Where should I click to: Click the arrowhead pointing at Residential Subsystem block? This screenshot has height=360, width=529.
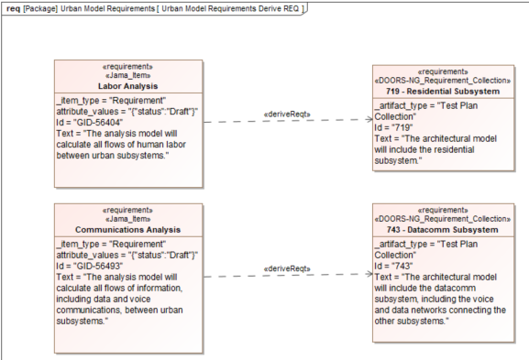(x=367, y=120)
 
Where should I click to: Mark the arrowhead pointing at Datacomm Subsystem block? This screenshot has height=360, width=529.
(x=367, y=274)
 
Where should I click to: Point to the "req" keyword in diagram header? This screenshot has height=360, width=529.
(x=13, y=7)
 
